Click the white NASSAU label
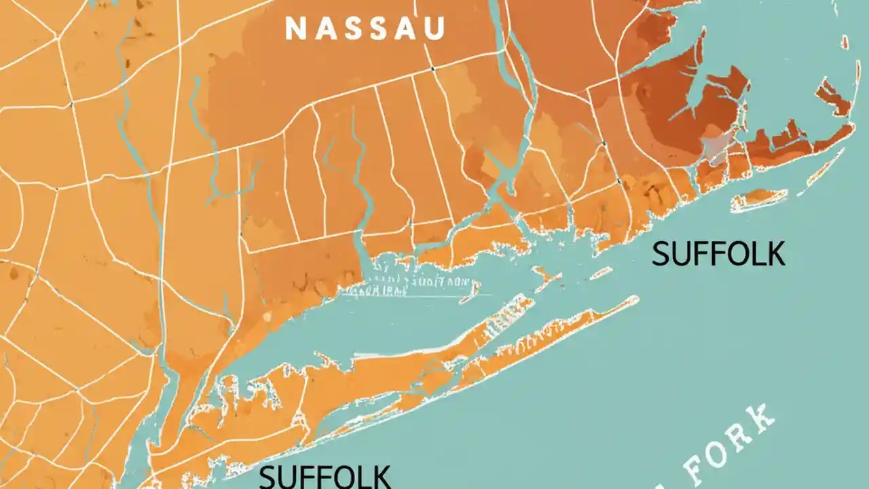(365, 29)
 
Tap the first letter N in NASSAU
(294, 29)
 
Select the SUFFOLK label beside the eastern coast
(718, 254)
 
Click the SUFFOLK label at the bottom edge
(325, 476)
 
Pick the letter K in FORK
(762, 416)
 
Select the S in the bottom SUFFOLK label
(268, 476)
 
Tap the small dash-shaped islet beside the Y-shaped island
(601, 272)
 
